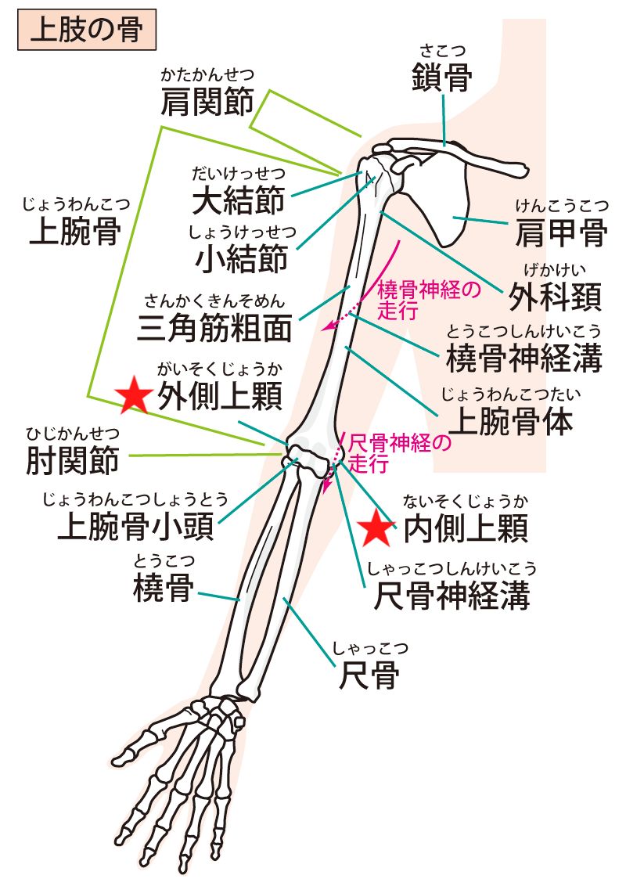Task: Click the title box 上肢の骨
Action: [x=87, y=30]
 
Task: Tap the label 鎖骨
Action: [x=442, y=77]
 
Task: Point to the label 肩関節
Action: [x=207, y=102]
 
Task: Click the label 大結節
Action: [x=238, y=200]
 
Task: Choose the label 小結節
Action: [x=242, y=259]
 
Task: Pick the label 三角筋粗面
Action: [x=214, y=328]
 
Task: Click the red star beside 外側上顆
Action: [x=133, y=395]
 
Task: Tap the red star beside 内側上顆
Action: [x=376, y=528]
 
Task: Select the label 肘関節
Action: [x=73, y=459]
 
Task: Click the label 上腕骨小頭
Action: [x=136, y=526]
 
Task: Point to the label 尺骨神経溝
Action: [x=452, y=596]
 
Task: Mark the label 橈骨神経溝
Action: [x=524, y=358]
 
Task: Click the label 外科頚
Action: [x=556, y=296]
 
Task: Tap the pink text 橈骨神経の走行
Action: [x=428, y=300]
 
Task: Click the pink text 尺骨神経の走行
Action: [x=400, y=453]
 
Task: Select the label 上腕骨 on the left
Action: [x=75, y=231]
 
